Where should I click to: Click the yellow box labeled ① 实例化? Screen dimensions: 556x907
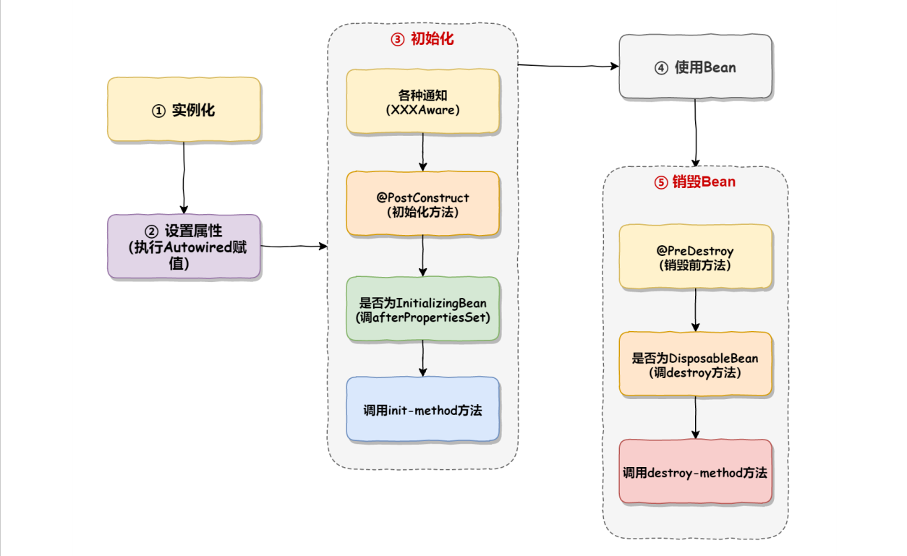click(x=184, y=110)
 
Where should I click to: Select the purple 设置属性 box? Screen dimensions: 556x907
click(x=184, y=247)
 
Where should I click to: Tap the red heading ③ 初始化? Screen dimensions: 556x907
click(x=422, y=39)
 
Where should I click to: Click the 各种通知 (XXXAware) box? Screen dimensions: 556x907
click(x=422, y=102)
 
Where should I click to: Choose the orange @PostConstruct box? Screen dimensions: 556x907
click(x=422, y=204)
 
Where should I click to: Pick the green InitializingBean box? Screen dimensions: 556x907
click(x=422, y=309)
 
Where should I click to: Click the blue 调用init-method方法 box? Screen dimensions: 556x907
click(x=422, y=410)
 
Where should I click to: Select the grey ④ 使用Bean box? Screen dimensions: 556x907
click(x=695, y=67)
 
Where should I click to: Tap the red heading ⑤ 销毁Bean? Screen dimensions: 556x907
click(x=695, y=182)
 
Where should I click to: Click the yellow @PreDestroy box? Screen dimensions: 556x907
click(x=695, y=257)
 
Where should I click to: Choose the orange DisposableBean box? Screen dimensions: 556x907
click(x=695, y=364)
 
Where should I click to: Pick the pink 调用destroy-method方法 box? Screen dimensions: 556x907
click(x=695, y=472)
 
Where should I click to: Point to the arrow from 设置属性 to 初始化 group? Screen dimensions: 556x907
click(x=294, y=247)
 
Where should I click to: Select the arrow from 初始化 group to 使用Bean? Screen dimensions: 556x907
click(x=569, y=66)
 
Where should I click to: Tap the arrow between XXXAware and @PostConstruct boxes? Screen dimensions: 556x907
click(x=422, y=153)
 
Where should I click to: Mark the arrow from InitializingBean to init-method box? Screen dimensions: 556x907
click(x=422, y=359)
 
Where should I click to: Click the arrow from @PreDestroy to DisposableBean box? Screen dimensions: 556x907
click(x=695, y=310)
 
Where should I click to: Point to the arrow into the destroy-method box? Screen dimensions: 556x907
click(x=695, y=417)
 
